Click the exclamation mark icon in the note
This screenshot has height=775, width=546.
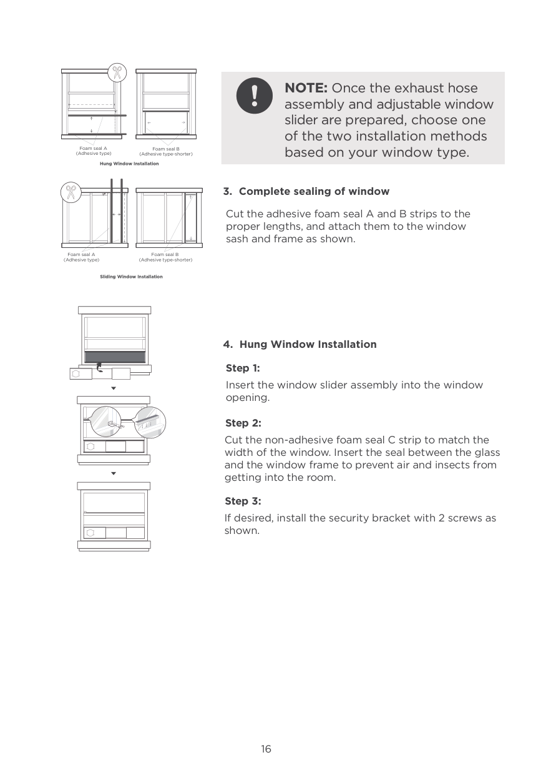[254, 96]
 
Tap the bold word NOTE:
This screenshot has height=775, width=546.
[306, 88]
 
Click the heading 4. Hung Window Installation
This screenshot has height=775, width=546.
[300, 344]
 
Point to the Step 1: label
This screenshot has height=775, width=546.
[243, 368]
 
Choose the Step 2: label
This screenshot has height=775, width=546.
[243, 423]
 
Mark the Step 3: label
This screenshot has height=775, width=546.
[243, 501]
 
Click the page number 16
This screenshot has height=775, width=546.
[266, 749]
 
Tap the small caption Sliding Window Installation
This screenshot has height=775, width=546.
[131, 277]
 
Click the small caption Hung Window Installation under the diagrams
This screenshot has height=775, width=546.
[129, 164]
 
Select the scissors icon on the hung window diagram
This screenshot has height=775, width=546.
[116, 72]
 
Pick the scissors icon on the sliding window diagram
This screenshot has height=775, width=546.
[71, 192]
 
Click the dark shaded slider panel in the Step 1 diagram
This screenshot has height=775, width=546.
[115, 357]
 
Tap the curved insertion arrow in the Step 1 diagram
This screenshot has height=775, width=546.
[100, 368]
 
